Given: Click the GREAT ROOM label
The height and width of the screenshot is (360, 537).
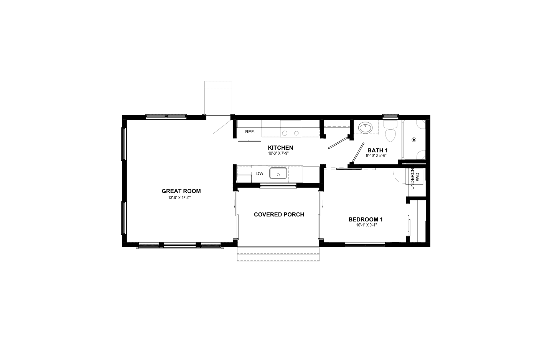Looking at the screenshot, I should point(181,191).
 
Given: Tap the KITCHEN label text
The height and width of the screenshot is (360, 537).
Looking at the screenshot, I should point(280,148).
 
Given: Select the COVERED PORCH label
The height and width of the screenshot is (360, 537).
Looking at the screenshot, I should point(279,215).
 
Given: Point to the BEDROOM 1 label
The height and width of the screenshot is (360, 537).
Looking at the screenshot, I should point(366,220).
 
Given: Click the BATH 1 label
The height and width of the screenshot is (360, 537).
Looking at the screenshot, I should point(378,150).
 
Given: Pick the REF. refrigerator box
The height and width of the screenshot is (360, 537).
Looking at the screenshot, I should point(250,132).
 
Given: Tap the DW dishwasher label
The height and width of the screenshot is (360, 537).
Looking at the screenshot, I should point(260,173).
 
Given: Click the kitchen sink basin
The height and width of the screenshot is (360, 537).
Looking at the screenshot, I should point(278,173).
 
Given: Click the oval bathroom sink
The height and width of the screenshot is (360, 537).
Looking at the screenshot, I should point(364,127).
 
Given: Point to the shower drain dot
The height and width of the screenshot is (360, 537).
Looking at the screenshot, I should point(414,140).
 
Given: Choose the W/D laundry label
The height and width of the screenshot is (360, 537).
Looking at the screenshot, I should point(417,177).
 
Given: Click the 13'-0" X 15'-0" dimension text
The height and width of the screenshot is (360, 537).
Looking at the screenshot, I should point(179,198).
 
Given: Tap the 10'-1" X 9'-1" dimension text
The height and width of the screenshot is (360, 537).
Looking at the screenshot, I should point(367,225).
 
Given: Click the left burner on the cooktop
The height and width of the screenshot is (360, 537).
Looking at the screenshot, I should point(285,133).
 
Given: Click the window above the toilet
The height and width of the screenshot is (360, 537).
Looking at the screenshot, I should point(390,116).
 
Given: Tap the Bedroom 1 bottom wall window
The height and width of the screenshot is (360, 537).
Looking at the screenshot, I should point(365,244).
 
